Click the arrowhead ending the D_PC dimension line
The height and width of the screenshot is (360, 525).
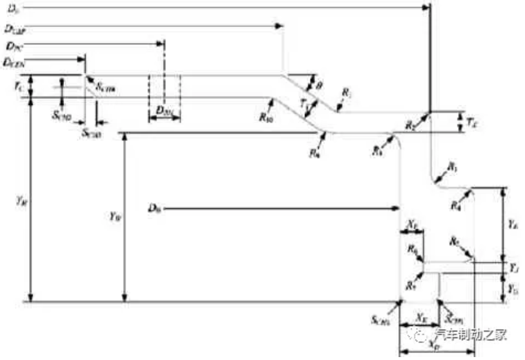tap(160, 43)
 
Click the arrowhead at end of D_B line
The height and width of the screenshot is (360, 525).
tap(396, 208)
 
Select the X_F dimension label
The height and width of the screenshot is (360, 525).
tap(412, 224)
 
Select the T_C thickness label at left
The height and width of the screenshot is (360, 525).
tap(18, 87)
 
